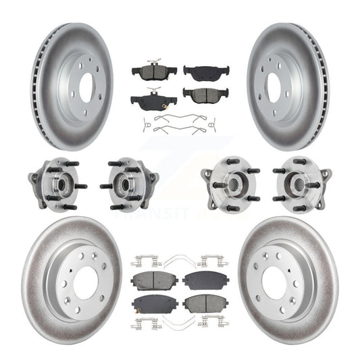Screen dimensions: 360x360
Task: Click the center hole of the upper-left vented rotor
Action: (86, 87)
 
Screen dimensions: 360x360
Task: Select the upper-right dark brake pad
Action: (206, 71)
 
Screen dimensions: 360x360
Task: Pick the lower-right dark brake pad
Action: (206, 95)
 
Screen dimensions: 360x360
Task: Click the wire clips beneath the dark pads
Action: (180, 124)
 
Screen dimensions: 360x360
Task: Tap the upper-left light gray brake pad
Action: (154, 279)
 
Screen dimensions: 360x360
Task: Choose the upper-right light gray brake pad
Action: (206, 278)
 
